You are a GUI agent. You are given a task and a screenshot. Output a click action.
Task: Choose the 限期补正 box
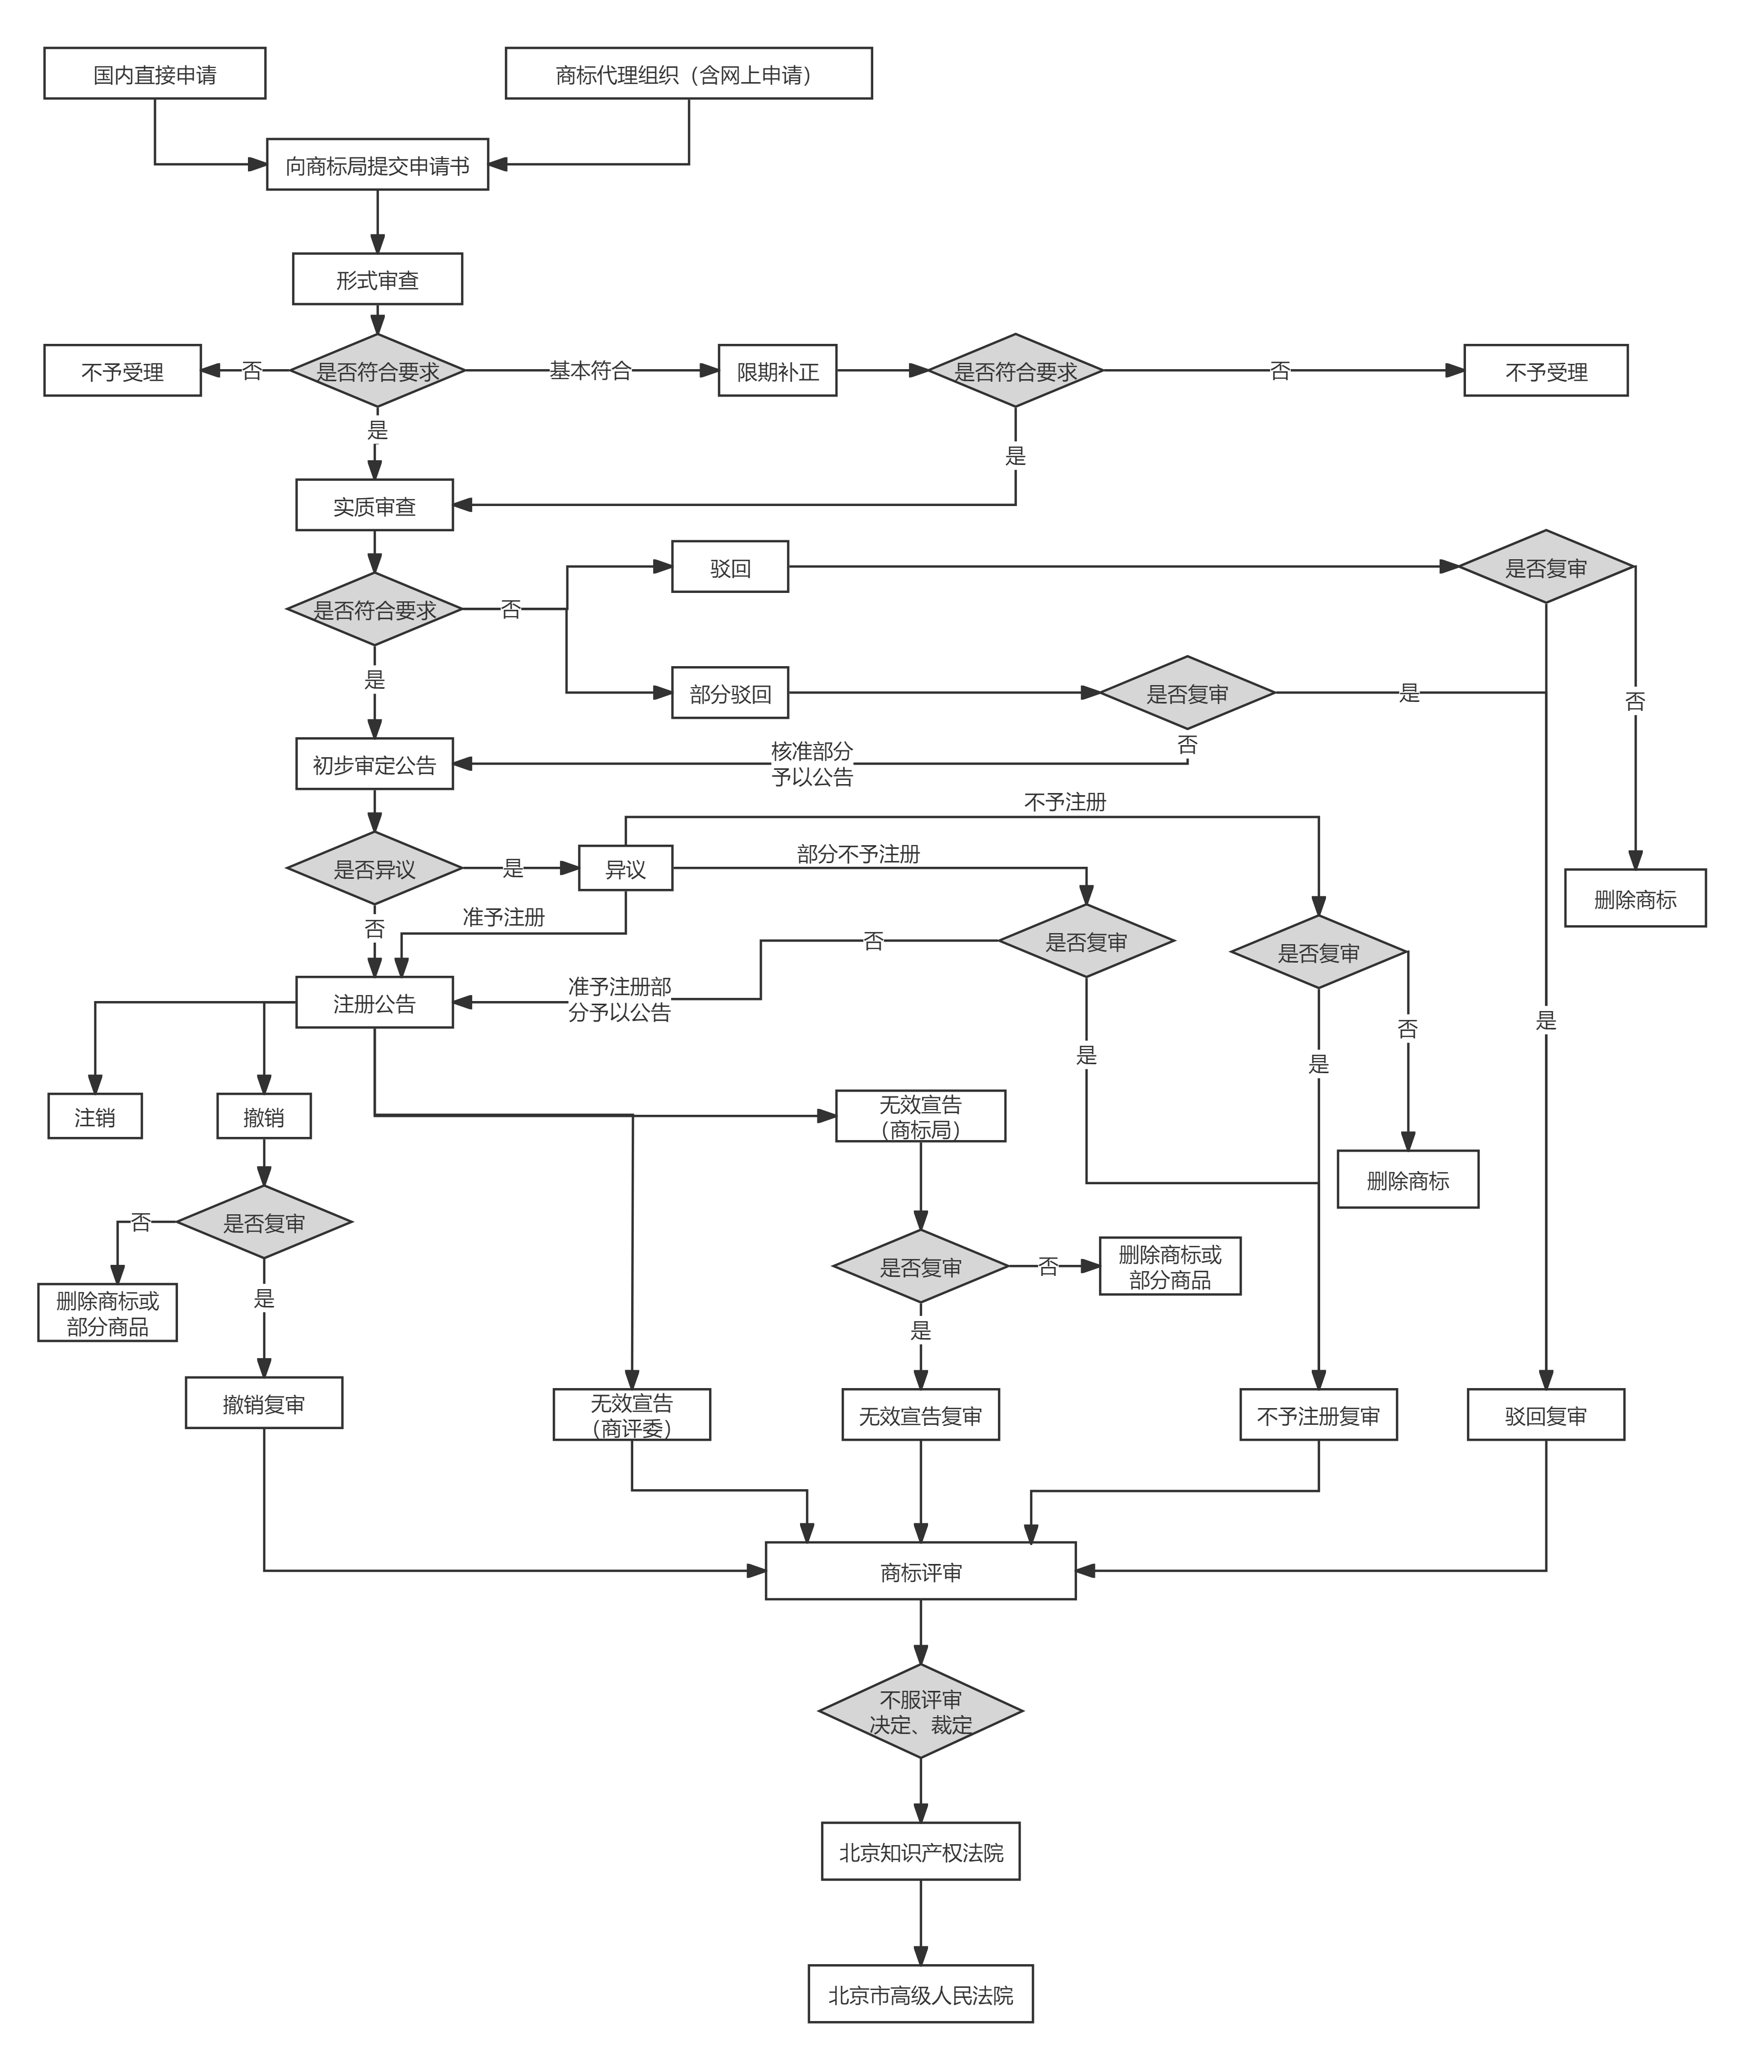[777, 371]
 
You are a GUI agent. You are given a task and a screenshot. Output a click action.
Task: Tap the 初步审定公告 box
[374, 764]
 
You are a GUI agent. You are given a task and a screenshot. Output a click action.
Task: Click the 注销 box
[95, 1116]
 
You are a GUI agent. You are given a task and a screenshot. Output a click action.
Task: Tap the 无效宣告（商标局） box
[921, 1116]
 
